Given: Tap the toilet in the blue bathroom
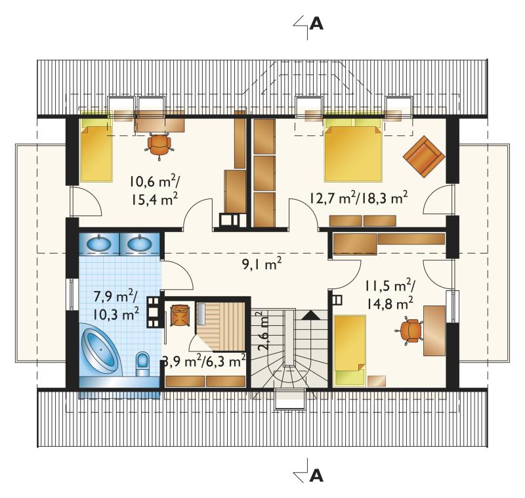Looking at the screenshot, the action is pyautogui.click(x=142, y=363).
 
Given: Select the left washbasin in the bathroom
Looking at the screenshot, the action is pyautogui.click(x=99, y=243).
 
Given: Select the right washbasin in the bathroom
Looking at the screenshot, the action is pyautogui.click(x=139, y=243).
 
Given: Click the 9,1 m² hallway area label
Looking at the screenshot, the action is pyautogui.click(x=261, y=263).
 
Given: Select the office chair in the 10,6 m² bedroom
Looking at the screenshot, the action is pyautogui.click(x=159, y=146).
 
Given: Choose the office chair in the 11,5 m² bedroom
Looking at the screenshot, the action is pyautogui.click(x=409, y=331).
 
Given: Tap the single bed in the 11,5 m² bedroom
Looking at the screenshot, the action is pyautogui.click(x=350, y=350).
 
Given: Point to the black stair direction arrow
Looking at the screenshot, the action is pyautogui.click(x=311, y=316).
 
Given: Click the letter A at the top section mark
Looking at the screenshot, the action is pyautogui.click(x=316, y=24).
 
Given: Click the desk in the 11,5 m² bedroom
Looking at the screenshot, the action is pyautogui.click(x=434, y=330).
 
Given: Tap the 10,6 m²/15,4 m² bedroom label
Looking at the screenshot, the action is pyautogui.click(x=154, y=191).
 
